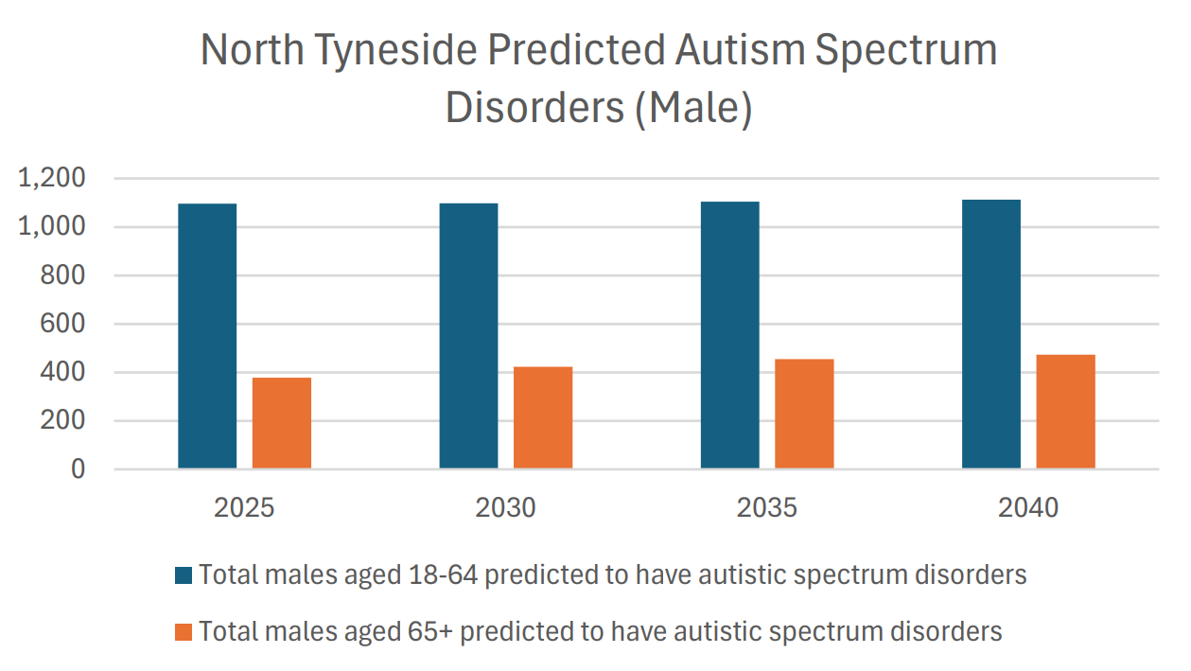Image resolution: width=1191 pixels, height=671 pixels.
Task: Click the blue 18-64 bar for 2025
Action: click(207, 336)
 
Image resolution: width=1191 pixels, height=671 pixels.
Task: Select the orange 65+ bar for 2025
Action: click(281, 423)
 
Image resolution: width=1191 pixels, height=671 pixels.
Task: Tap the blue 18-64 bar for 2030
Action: click(468, 336)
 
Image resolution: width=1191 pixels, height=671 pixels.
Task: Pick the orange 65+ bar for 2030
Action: click(543, 417)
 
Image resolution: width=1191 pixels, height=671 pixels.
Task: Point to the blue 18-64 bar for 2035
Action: click(729, 335)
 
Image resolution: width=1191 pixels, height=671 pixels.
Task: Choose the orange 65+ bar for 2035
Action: click(804, 414)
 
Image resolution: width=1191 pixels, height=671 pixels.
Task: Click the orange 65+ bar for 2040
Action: click(1065, 412)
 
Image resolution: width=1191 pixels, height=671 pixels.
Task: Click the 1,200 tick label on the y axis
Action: click(51, 178)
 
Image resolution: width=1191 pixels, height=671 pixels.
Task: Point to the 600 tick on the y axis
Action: click(64, 324)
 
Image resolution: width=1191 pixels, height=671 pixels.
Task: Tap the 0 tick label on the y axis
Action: click(78, 469)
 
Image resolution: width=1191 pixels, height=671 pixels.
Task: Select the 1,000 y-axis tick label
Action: click(51, 227)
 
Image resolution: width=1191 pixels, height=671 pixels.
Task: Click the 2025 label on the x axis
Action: click(244, 508)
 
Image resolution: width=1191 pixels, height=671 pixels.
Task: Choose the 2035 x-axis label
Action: click(767, 508)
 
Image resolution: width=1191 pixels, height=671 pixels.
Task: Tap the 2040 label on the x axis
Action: click(1028, 508)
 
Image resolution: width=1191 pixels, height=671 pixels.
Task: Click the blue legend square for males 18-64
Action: click(184, 575)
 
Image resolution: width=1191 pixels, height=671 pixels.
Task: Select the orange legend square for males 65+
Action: click(184, 632)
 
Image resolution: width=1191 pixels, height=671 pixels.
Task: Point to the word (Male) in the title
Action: click(692, 108)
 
